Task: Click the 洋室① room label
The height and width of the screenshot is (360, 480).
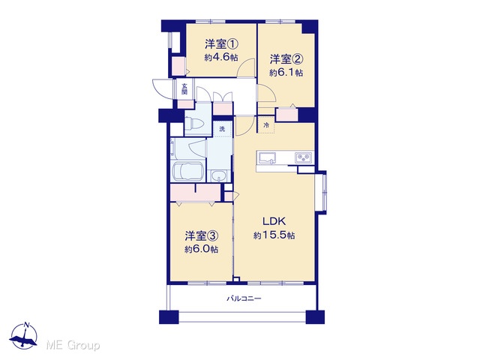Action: pyautogui.click(x=221, y=45)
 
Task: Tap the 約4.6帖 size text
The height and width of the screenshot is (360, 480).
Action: pyautogui.click(x=221, y=58)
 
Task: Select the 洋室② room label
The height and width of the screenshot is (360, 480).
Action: pyautogui.click(x=286, y=59)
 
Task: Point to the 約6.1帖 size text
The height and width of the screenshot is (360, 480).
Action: pyautogui.click(x=286, y=73)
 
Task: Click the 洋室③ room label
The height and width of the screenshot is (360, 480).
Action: pyautogui.click(x=201, y=235)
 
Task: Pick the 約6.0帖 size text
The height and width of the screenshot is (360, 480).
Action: pyautogui.click(x=201, y=249)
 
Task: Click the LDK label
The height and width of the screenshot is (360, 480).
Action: pyautogui.click(x=274, y=220)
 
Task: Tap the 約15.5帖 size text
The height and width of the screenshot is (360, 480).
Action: pyautogui.click(x=274, y=235)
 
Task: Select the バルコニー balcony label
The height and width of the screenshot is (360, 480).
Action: pyautogui.click(x=244, y=298)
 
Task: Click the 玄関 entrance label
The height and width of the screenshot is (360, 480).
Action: pyautogui.click(x=184, y=88)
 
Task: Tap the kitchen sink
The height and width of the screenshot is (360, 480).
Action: pyautogui.click(x=267, y=158)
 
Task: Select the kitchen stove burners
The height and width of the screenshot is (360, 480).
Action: pyautogui.click(x=303, y=157)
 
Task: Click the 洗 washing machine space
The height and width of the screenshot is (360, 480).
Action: pyautogui.click(x=222, y=128)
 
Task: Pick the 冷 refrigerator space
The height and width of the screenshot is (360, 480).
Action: pyautogui.click(x=266, y=125)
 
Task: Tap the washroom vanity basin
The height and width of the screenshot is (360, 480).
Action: pyautogui.click(x=218, y=176)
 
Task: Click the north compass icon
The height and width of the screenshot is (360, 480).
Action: pyautogui.click(x=23, y=337)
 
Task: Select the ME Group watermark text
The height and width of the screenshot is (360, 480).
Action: pyautogui.click(x=73, y=345)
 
